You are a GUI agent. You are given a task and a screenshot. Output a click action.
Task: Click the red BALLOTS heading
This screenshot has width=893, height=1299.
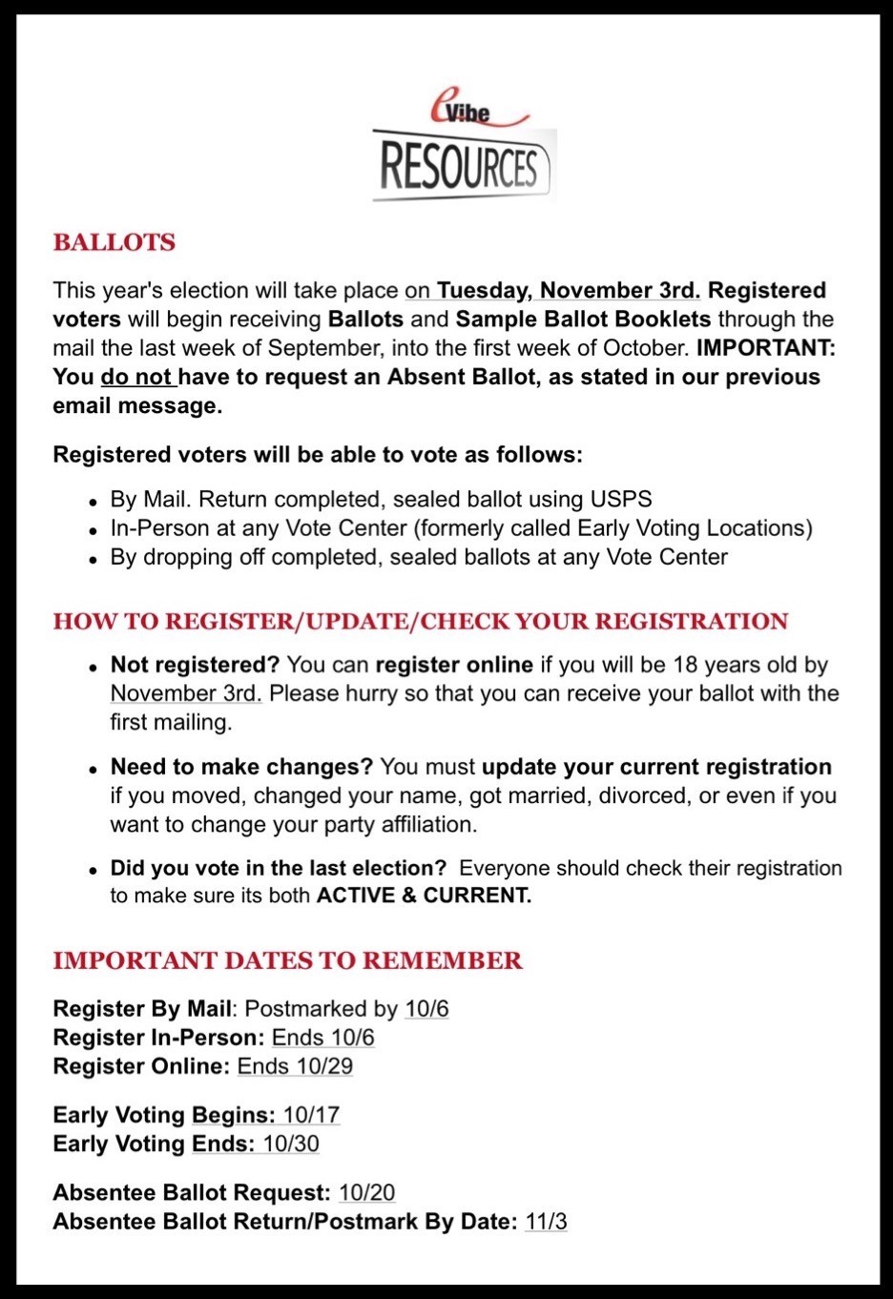click(x=114, y=242)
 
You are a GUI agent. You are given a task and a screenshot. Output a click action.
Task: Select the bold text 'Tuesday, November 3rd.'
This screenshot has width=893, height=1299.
click(x=568, y=290)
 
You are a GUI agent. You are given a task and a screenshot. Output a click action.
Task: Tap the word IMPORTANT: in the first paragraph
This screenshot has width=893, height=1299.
click(x=765, y=348)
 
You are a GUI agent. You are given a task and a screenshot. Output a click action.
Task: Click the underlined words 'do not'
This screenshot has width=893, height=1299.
click(x=136, y=377)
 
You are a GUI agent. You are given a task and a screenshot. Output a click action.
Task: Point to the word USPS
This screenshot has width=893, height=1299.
click(x=620, y=499)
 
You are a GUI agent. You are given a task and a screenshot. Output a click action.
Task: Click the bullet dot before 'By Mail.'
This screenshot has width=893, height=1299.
click(x=93, y=502)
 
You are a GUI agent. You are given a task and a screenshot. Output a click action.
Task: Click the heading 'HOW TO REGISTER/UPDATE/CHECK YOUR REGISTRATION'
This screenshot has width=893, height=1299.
click(x=420, y=621)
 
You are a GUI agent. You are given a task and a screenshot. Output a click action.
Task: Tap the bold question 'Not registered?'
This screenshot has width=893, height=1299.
click(x=195, y=665)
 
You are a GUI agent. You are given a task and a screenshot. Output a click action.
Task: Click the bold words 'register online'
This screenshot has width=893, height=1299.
click(x=454, y=665)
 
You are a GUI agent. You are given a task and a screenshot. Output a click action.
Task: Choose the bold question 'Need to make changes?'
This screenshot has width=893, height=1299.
click(x=241, y=767)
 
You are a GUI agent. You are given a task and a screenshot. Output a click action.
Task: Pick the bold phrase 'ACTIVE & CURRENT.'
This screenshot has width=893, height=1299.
click(x=424, y=896)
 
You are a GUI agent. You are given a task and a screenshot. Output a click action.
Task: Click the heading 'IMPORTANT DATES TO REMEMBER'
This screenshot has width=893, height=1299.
click(x=287, y=960)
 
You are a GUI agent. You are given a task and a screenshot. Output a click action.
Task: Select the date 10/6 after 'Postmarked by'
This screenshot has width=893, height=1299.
click(x=426, y=1009)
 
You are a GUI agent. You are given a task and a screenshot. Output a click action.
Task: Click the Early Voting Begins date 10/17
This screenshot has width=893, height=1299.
click(x=311, y=1115)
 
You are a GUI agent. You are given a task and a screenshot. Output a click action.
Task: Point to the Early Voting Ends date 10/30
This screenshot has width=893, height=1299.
click(x=291, y=1144)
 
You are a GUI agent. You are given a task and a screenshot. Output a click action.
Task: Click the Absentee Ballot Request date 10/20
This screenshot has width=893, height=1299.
click(x=366, y=1193)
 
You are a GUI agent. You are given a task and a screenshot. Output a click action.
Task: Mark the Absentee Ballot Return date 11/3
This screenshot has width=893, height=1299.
click(x=546, y=1222)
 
